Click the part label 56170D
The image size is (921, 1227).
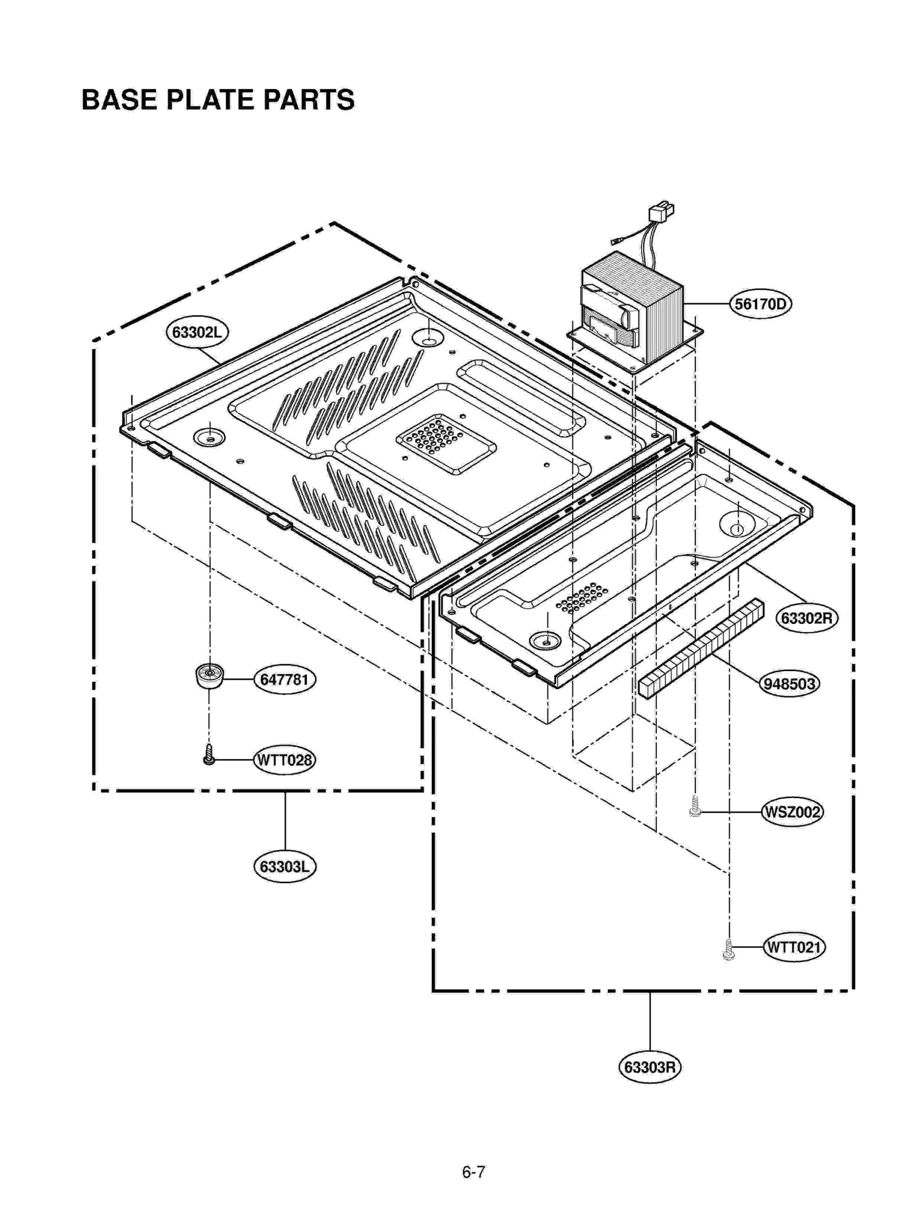[x=760, y=303]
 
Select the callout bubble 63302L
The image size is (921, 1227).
[x=197, y=332]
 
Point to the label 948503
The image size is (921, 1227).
[x=789, y=684]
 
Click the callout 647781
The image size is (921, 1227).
[x=284, y=680]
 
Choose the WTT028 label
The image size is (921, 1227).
[x=284, y=760]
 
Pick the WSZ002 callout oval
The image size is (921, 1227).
[x=791, y=812]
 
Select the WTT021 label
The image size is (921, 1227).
[x=794, y=947]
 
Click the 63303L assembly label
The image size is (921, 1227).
[x=284, y=867]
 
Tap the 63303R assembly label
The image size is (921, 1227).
[x=649, y=1067]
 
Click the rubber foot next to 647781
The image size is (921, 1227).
[x=209, y=676]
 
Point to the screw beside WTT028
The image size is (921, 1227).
[x=209, y=755]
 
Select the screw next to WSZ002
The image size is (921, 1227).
[x=695, y=806]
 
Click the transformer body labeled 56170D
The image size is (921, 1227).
[x=633, y=308]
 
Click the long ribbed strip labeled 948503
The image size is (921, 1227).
[x=701, y=649]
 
